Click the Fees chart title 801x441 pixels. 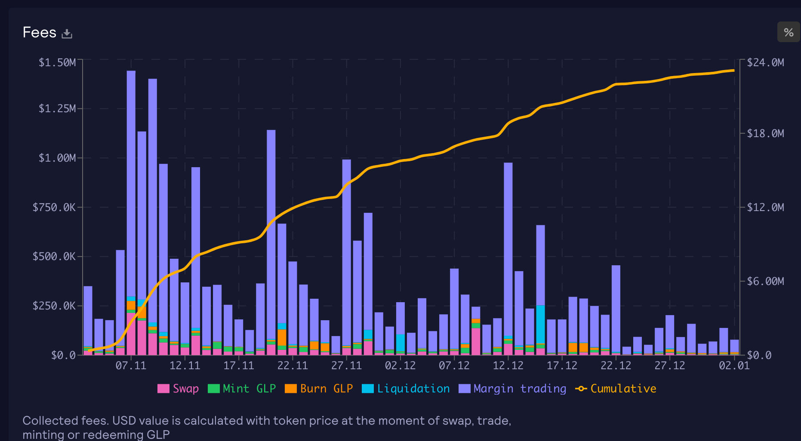pos(40,33)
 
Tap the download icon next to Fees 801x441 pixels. pos(67,34)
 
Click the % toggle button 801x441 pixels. pos(788,32)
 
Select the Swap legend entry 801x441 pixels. pos(178,389)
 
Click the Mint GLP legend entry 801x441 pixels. pos(242,389)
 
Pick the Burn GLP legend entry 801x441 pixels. pos(319,389)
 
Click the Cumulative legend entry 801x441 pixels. pos(616,389)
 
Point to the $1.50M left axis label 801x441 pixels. pos(57,63)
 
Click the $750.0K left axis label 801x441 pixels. pos(54,208)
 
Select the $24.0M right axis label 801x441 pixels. pos(765,63)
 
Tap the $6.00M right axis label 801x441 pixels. pos(765,282)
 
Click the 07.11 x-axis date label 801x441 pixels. pos(131,366)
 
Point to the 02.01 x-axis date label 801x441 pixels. pos(734,366)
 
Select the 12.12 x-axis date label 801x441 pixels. pos(508,366)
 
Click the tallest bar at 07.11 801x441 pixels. pos(131,181)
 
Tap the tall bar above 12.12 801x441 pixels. pos(508,245)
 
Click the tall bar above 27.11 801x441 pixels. pos(347,249)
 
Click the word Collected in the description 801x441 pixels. pos(45,420)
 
